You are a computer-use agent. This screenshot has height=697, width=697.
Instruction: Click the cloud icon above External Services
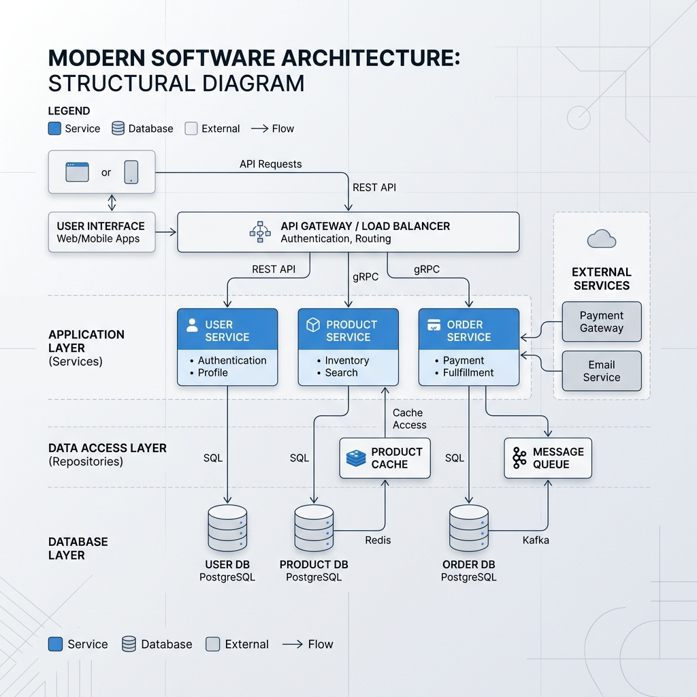pos(602,239)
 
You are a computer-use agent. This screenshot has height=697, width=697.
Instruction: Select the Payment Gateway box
pos(602,322)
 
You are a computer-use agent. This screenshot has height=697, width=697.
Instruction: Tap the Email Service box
pos(602,371)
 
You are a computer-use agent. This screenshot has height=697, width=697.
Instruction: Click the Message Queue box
pos(548,458)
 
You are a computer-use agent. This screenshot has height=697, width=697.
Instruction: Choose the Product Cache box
pos(385,458)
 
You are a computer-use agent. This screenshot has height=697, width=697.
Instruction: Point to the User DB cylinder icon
pos(227,528)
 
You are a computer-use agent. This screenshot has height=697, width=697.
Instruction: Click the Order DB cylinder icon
pos(468,528)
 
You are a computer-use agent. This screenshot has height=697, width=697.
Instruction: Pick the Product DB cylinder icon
pos(314,528)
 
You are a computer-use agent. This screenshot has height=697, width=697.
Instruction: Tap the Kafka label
pos(536,540)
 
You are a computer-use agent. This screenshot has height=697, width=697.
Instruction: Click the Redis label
pos(378,540)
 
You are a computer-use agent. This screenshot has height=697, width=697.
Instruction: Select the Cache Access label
pos(409,419)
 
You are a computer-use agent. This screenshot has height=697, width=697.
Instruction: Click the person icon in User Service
pos(192,325)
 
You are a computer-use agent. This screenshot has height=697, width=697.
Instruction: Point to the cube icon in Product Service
pos(313,325)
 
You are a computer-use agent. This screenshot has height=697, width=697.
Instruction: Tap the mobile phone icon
pos(131,172)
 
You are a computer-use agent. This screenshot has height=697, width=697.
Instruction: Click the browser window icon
pos(78,172)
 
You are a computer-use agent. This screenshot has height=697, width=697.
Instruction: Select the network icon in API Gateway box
pos(260,231)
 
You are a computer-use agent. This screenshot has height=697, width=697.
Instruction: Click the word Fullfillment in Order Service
pos(468,372)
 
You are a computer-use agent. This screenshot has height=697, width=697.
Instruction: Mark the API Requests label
pos(271,164)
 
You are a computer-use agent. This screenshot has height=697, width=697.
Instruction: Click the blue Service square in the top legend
pos(54,129)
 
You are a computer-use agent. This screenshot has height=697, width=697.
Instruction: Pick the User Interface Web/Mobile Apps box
pos(102,232)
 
